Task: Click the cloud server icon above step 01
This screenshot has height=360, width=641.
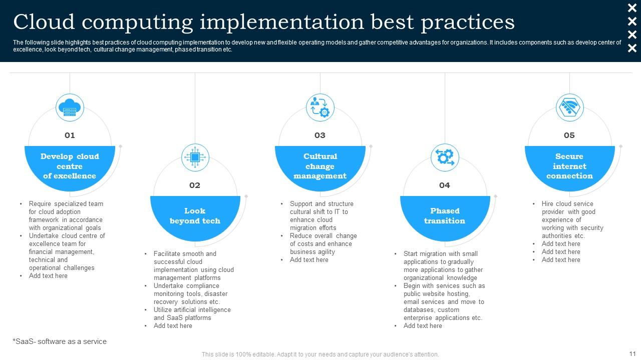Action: pos(70,107)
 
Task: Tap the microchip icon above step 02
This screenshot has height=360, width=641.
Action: pos(195,157)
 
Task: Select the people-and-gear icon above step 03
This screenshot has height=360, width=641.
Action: pos(320,107)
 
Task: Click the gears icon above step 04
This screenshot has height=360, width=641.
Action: pos(445,157)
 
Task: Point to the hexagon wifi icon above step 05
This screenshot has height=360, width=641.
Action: pos(569,107)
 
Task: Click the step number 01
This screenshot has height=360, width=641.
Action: pos(70,135)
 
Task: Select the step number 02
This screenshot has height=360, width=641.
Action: pos(195,185)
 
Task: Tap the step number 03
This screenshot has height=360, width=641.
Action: pos(320,135)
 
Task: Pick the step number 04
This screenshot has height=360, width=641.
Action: pos(445,185)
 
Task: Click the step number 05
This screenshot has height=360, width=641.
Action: pos(569,135)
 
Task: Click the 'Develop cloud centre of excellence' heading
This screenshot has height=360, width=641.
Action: pos(70,166)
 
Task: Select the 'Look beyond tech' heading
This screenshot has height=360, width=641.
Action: pos(195,216)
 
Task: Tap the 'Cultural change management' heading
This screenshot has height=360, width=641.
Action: pos(320,166)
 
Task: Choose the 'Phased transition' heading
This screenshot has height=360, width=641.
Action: pos(445,216)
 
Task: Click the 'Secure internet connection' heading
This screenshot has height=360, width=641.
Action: pos(569,166)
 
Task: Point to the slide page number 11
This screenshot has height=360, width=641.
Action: pos(631,352)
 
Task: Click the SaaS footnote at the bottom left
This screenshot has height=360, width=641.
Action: pos(60,341)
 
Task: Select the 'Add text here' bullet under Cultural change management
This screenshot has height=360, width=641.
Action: pos(309,260)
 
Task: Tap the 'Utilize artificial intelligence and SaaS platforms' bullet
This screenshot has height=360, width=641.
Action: pos(192,314)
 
